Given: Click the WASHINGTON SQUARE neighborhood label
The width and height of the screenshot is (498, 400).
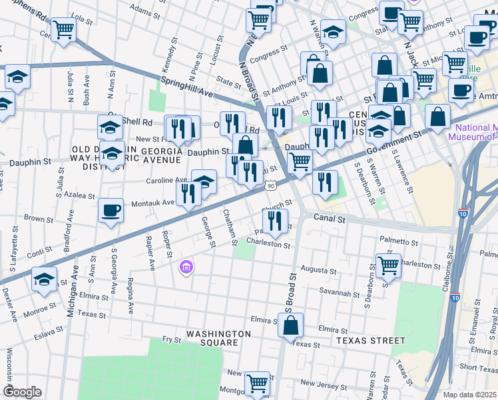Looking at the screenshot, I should [x=218, y=338].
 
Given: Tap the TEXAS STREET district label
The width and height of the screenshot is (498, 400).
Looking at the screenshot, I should [x=370, y=340].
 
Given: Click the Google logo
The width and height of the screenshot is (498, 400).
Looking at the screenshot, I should [x=22, y=391].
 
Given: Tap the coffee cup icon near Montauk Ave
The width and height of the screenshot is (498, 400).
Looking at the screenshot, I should [x=111, y=211].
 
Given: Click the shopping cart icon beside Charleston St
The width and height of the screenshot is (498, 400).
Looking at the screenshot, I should [x=388, y=265].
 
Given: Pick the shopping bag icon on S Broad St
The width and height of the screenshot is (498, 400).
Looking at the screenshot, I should [x=290, y=326].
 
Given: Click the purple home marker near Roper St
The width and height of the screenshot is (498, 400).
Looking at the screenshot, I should [x=187, y=268].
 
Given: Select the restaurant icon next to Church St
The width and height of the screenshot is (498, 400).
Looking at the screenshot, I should [x=275, y=220].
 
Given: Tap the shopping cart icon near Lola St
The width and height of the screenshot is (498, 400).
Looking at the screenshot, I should [x=63, y=29].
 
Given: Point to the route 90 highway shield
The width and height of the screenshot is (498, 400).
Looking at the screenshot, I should [x=270, y=187].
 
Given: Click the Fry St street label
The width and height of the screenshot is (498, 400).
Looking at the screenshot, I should [x=172, y=339].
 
